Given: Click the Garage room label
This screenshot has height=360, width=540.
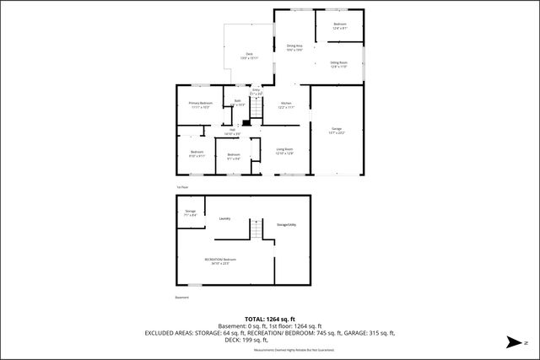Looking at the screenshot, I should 337,129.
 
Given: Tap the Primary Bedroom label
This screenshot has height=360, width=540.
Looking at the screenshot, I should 200,105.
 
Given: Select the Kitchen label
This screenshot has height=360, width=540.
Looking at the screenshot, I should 286,105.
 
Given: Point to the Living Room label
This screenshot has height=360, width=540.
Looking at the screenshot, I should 284,150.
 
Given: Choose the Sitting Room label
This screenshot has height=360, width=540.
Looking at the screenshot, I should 339,63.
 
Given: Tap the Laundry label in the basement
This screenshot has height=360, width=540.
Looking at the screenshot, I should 225,218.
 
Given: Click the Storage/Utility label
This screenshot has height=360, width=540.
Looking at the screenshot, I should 287,224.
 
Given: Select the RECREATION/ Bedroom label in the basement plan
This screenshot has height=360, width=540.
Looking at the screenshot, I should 219,261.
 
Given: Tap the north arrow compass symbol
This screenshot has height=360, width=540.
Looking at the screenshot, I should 511,342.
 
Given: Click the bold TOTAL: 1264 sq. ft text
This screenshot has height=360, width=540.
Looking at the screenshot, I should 269,319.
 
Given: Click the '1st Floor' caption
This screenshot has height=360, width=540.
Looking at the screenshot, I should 181,186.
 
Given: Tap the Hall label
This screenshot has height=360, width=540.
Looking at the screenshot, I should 232,132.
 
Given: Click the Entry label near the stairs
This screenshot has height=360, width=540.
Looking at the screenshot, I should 256,91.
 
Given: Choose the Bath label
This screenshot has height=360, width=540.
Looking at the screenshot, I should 237,103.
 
